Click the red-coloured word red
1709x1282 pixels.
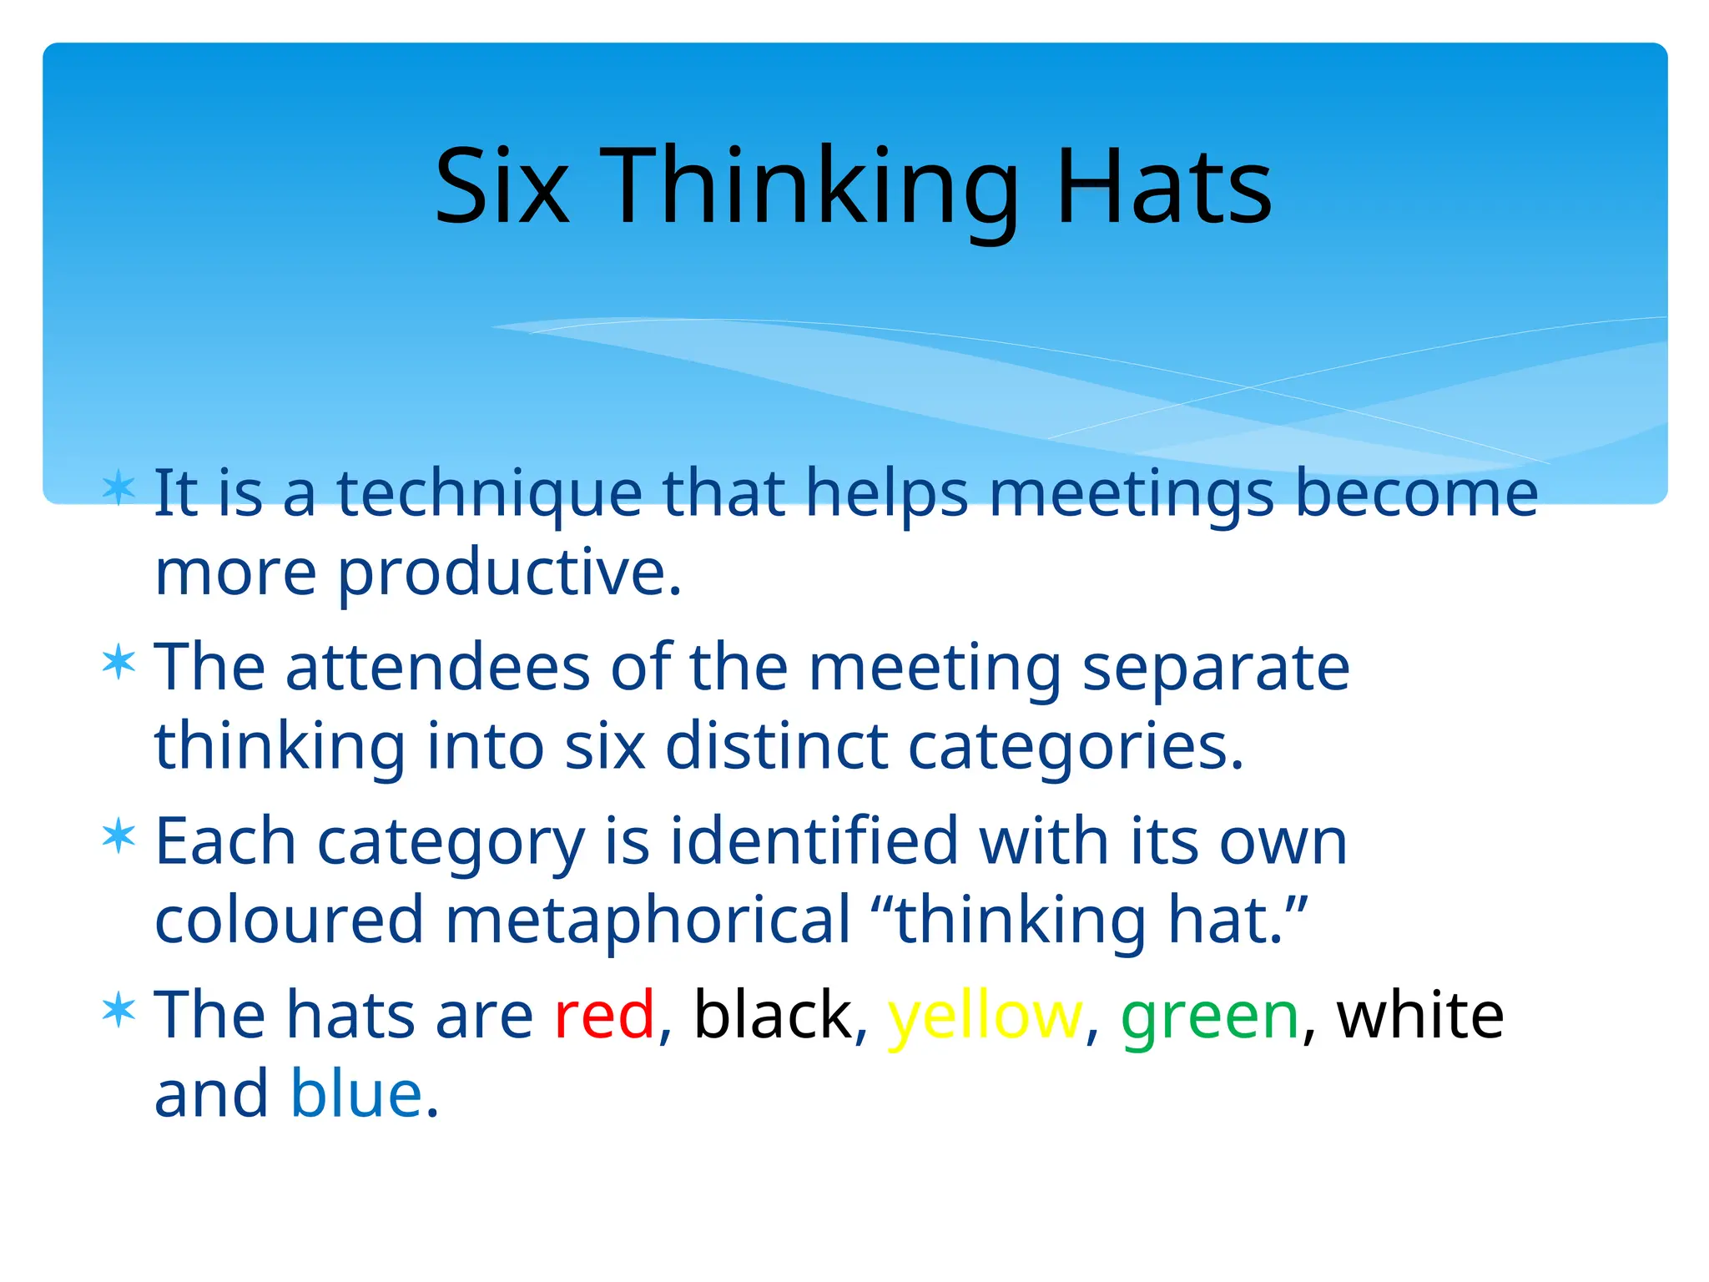click(604, 1015)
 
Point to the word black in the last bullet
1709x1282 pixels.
click(773, 1015)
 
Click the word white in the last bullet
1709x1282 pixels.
click(1420, 1015)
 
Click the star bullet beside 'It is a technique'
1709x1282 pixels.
click(118, 488)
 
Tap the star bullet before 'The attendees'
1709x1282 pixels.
click(118, 663)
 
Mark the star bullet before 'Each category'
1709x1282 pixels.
click(118, 836)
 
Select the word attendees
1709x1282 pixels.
click(438, 668)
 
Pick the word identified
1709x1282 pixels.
click(814, 841)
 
